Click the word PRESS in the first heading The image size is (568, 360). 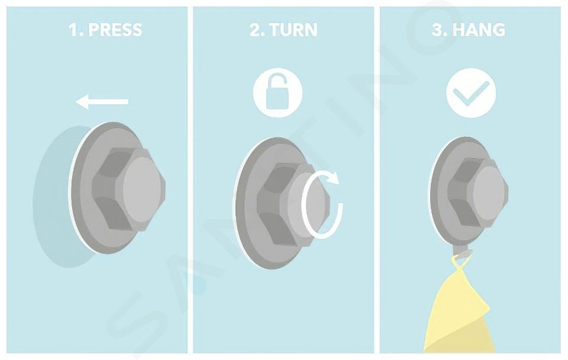coord(115,30)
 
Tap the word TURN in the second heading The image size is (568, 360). coord(293,30)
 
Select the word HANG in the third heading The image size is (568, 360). coord(479,30)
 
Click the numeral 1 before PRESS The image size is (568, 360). coord(73,30)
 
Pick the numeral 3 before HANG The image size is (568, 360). coord(438,30)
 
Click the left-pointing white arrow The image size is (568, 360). coord(102,101)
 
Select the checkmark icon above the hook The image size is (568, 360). coord(472,93)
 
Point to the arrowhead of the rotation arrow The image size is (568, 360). coord(333,178)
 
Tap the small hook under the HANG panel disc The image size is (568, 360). coord(461,251)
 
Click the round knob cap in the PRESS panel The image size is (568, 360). coord(141,189)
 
